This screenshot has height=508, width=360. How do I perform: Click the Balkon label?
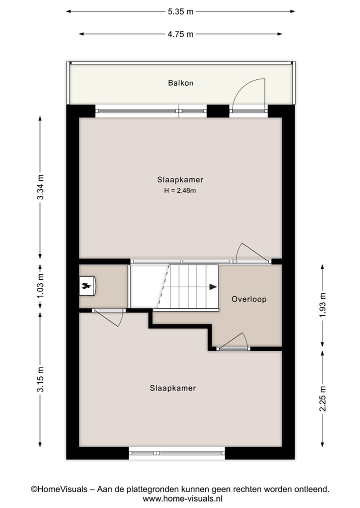[x=180, y=83]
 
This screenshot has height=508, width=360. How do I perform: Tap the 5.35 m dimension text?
[x=180, y=10]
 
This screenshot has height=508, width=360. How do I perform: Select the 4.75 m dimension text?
[x=180, y=34]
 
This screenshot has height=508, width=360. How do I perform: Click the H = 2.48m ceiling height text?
[x=180, y=190]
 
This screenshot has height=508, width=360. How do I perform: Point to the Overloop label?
[x=248, y=299]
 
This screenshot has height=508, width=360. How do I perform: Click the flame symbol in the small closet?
[x=86, y=287]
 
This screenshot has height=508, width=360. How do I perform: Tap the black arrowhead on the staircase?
[x=213, y=287]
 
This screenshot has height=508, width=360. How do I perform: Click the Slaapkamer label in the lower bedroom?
[x=172, y=388]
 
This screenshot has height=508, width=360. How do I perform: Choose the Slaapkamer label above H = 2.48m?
[x=180, y=180]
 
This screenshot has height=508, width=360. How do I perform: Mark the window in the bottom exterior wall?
[x=176, y=453]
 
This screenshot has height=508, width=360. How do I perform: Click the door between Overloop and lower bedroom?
[x=233, y=343]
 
